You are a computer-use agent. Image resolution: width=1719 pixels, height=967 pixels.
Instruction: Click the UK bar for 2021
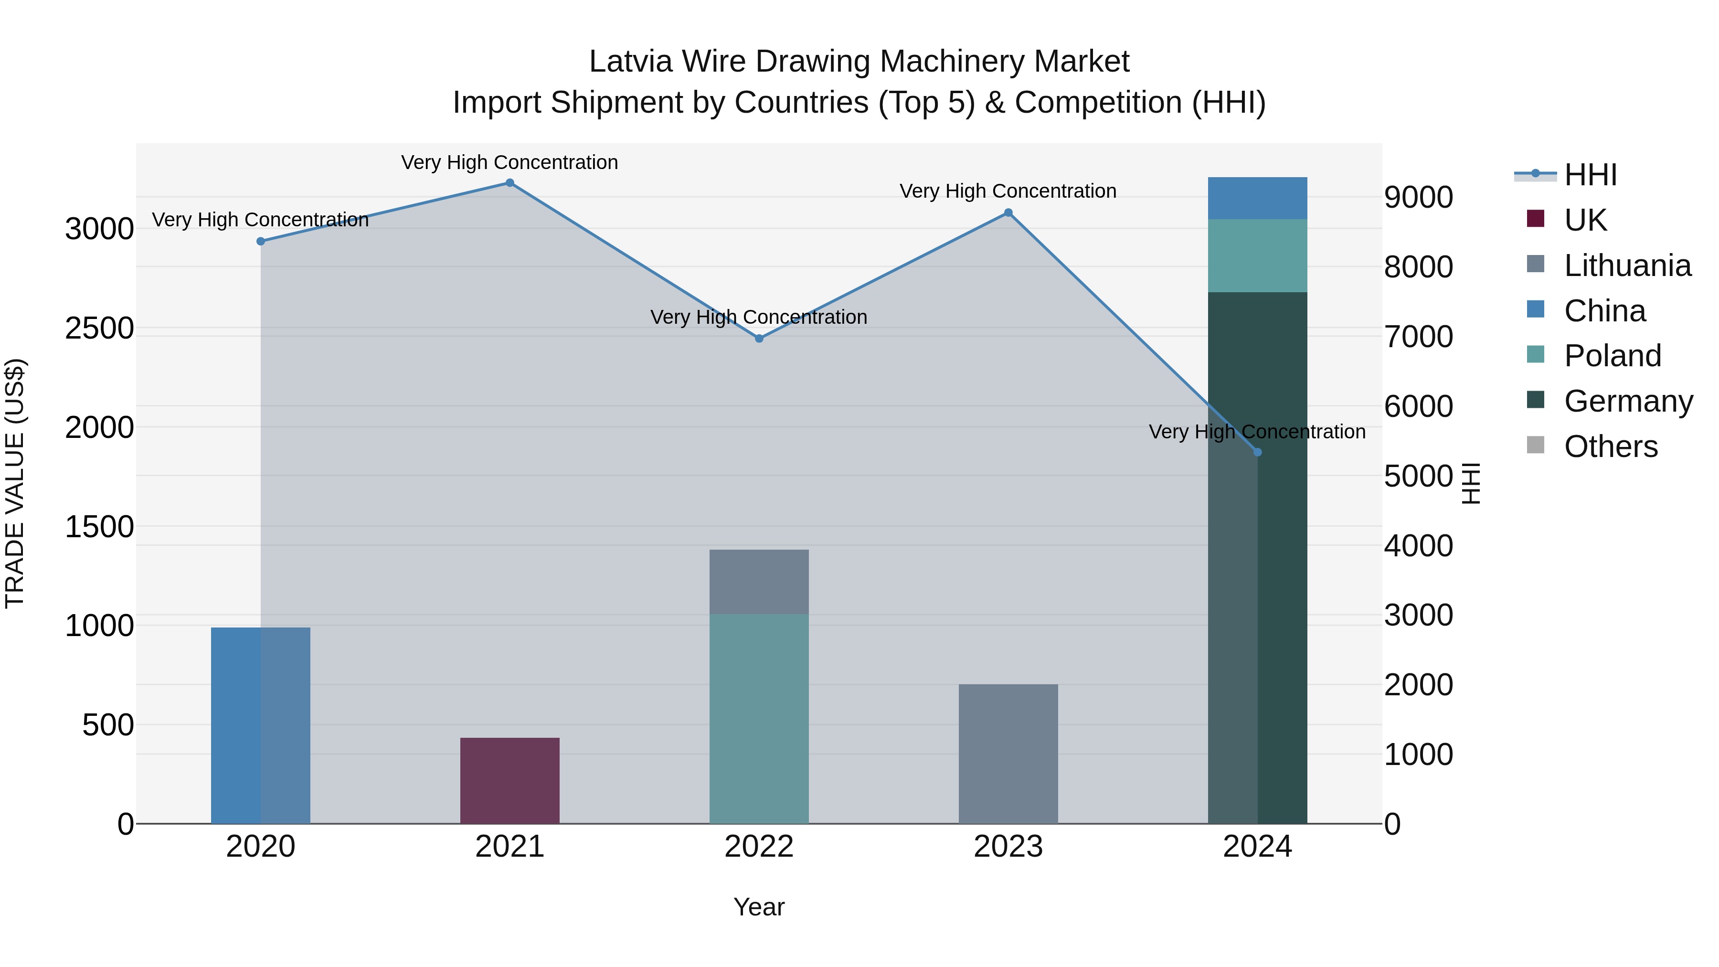point(510,780)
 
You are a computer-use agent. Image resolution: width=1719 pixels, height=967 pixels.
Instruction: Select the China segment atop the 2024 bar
point(1257,198)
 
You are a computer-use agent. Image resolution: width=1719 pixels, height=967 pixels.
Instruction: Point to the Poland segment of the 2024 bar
point(1257,255)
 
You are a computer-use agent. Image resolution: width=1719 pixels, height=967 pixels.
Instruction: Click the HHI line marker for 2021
point(510,183)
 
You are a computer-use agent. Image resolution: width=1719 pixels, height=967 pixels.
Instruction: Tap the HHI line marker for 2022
point(759,339)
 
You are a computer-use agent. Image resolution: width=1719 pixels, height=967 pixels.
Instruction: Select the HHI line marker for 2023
point(1008,213)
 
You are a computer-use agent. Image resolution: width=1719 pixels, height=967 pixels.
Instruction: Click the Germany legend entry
point(1628,401)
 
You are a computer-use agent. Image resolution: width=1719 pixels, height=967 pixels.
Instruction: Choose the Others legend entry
point(1610,446)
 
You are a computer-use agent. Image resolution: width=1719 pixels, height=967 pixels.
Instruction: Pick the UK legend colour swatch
point(1536,219)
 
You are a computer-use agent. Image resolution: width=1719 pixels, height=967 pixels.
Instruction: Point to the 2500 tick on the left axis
point(99,329)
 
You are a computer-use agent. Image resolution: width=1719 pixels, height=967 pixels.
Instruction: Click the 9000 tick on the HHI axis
point(1418,198)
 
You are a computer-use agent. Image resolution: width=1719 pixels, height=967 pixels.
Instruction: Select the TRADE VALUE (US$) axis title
point(15,483)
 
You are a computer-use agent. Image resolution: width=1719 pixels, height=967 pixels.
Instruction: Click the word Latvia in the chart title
point(631,62)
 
